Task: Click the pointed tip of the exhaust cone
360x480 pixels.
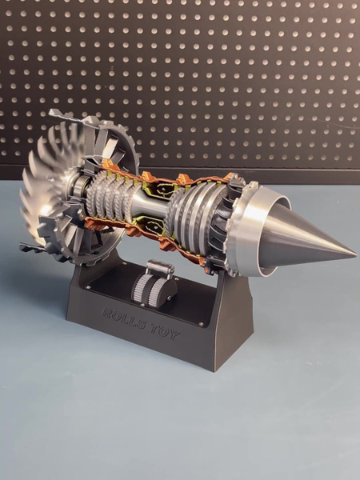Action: point(356,254)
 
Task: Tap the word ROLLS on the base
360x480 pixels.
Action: point(124,319)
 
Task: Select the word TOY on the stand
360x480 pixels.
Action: point(165,333)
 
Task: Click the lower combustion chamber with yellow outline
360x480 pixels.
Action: point(151,226)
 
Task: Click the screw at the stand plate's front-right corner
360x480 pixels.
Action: point(201,323)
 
